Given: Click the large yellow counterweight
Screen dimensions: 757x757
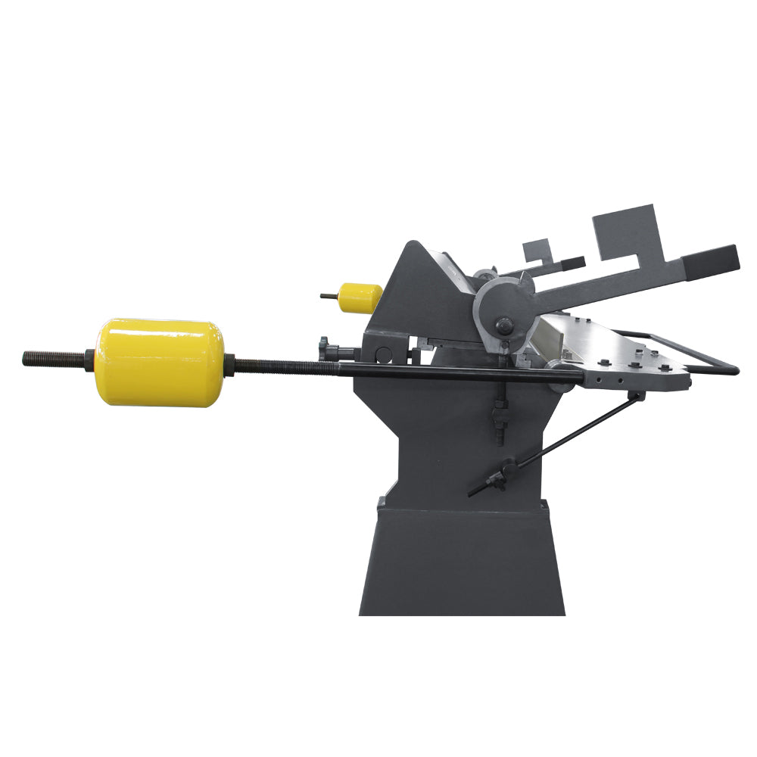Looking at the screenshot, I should click(x=160, y=362).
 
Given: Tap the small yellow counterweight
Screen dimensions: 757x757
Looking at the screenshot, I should click(x=360, y=298).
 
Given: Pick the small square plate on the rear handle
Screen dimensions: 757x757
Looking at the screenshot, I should click(x=536, y=251).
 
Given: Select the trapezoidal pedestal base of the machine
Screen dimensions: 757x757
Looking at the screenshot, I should click(x=462, y=560).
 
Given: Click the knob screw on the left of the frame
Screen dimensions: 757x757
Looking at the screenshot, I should click(x=326, y=348).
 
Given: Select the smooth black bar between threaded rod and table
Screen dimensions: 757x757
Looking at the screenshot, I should click(x=454, y=371).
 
